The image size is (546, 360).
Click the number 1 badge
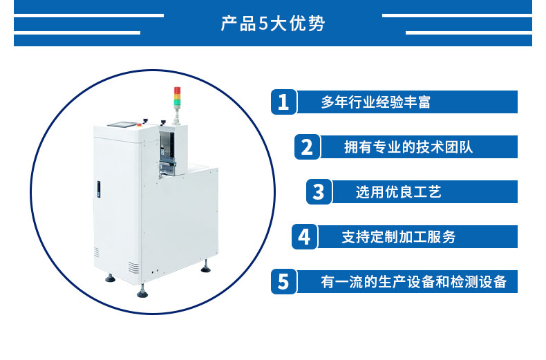click(x=283, y=102)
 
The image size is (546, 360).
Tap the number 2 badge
click(x=307, y=146)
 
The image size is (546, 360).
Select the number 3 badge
click(x=319, y=191)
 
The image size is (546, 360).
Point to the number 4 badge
click(x=304, y=236)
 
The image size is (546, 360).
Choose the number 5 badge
click(x=283, y=281)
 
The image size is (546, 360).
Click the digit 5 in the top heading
click(x=263, y=23)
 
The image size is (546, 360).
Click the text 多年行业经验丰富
click(x=376, y=102)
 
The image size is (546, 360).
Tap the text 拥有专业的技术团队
click(x=408, y=147)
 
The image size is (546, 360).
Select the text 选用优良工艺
click(x=399, y=192)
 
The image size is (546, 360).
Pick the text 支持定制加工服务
click(x=399, y=237)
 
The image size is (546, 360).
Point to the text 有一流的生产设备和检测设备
click(x=414, y=282)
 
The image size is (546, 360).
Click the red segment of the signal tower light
click(x=177, y=91)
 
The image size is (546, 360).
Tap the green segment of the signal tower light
click(x=177, y=102)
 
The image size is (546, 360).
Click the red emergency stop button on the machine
click(x=140, y=124)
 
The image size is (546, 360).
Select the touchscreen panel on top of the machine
click(x=121, y=124)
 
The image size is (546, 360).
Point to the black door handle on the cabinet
click(x=99, y=190)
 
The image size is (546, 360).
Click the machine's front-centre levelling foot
click(x=142, y=292)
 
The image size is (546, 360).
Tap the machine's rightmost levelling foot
click(x=205, y=267)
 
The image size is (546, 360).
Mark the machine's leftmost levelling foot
click(x=111, y=277)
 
